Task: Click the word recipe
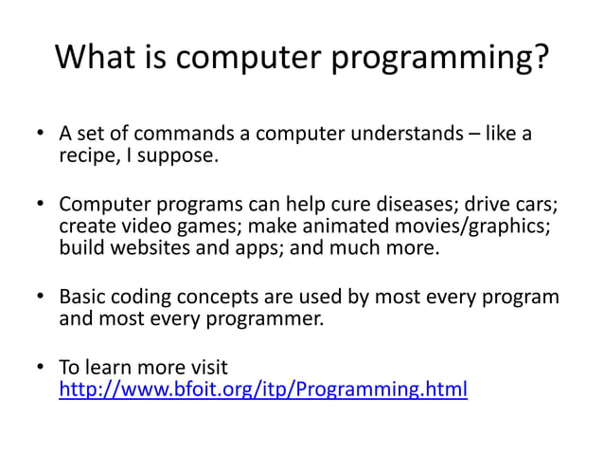coord(88,156)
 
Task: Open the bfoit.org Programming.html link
coord(263,389)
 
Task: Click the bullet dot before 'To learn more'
coord(41,368)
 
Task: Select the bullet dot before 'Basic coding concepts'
coord(41,298)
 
